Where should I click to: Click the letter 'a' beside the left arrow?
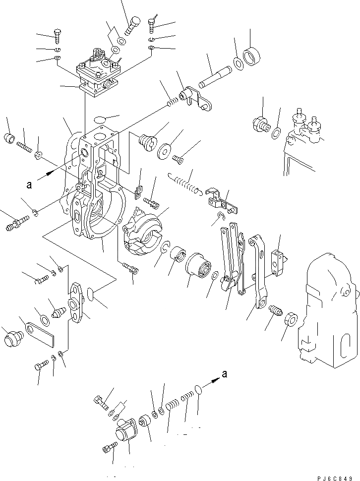coord(29,185)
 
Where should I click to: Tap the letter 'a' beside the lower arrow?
coord(224,374)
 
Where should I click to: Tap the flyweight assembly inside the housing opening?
coord(143,230)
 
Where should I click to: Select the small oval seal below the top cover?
coord(100,120)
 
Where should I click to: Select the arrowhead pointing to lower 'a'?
coord(214,379)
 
